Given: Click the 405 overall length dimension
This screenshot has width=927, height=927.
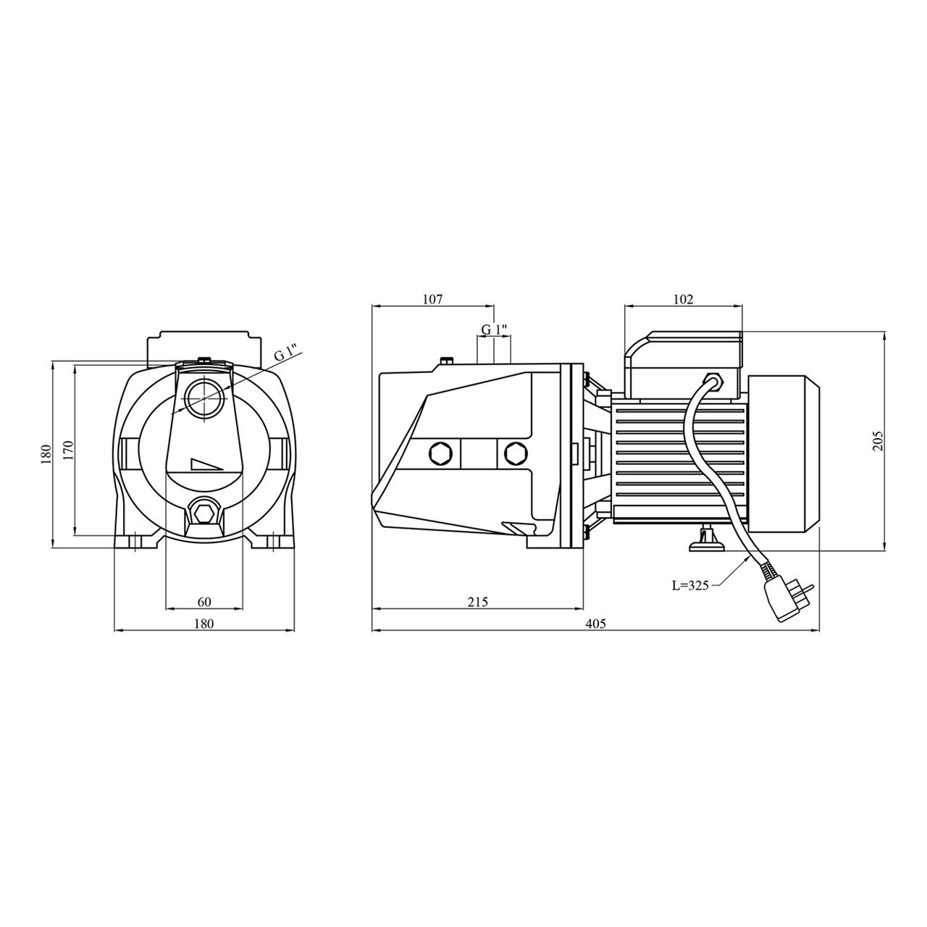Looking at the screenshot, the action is tap(596, 624).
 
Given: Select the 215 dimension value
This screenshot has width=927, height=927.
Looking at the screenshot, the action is tap(478, 602).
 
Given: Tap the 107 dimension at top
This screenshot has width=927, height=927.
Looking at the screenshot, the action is tap(432, 298).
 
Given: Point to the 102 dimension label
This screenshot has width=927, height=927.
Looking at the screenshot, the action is tap(683, 298).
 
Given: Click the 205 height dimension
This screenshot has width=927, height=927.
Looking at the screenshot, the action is tap(878, 440).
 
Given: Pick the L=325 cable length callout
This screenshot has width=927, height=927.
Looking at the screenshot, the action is tap(690, 585).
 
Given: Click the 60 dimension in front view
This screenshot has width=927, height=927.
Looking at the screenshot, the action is tap(204, 602).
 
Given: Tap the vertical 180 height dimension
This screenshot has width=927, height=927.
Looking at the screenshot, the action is tap(46, 454).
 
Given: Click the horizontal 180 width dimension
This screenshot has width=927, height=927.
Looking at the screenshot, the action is tap(204, 624).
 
